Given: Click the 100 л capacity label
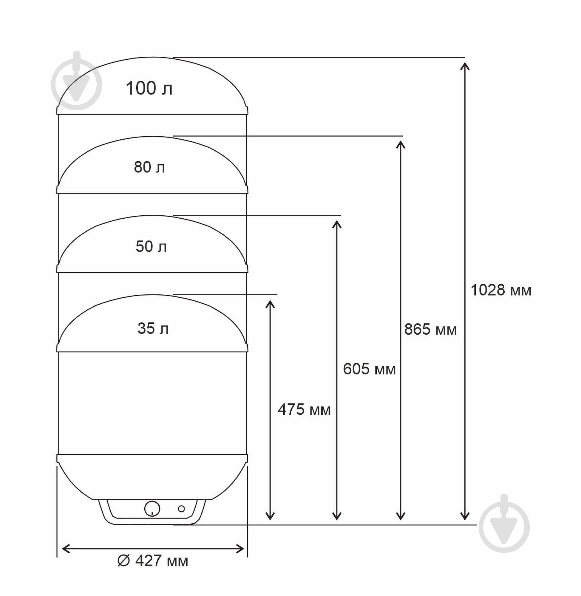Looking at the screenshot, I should coord(149,89).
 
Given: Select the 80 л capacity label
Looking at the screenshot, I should coord(149,167).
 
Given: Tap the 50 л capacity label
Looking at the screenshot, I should coord(151,246).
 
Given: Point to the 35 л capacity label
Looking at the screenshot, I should coord(153,328).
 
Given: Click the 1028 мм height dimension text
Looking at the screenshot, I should coord(501,290).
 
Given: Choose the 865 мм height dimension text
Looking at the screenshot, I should coord(430,330).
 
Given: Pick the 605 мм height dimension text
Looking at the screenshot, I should coord(369,369).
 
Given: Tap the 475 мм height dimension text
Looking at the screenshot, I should coord(304,409).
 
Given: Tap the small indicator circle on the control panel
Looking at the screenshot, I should coord(181,509).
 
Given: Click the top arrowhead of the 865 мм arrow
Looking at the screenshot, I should coord(400,145).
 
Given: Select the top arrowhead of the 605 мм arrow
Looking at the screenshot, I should coord(336,224).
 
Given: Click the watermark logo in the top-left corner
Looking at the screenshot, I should coord(76,81).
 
